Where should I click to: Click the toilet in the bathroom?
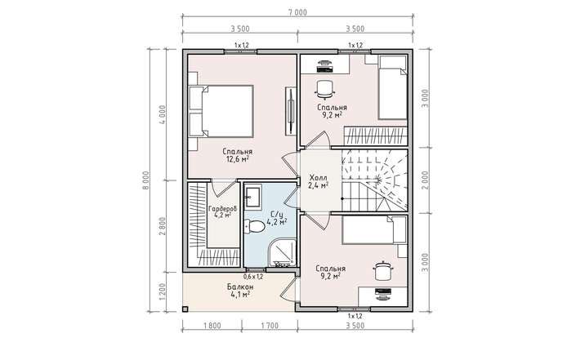click(255, 226)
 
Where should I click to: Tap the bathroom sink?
click(252, 197)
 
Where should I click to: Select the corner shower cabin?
click(283, 252)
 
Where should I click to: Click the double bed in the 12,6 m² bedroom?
click(221, 112)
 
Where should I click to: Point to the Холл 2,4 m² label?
click(318, 182)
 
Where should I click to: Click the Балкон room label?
click(240, 291)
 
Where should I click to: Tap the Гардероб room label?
click(222, 211)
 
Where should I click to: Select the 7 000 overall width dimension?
click(297, 12)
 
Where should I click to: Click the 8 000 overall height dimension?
click(145, 180)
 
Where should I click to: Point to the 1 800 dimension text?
click(212, 326)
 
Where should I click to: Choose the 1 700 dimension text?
click(270, 326)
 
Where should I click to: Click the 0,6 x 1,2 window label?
click(253, 277)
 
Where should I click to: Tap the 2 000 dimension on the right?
click(425, 180)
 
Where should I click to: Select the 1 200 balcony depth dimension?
click(163, 292)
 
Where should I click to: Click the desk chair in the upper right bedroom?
click(325, 90)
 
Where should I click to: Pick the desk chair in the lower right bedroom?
click(383, 271)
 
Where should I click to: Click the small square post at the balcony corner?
click(185, 309)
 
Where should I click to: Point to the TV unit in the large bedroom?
click(290, 112)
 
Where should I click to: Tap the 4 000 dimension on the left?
click(163, 115)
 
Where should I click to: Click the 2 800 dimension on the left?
click(163, 226)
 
